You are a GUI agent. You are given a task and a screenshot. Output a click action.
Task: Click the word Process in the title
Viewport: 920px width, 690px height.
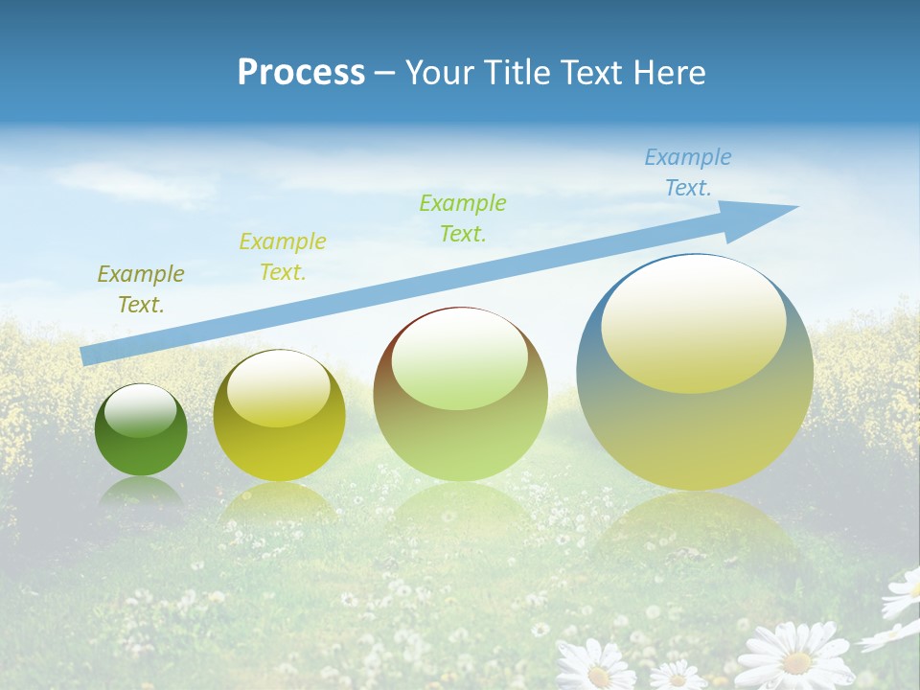(x=301, y=73)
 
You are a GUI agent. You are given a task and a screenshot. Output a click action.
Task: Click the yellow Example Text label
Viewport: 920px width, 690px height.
(x=283, y=257)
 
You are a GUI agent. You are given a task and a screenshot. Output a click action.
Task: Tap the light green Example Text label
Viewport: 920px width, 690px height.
(x=463, y=218)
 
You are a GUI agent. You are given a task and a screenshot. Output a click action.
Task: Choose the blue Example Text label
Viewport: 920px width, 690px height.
(x=688, y=172)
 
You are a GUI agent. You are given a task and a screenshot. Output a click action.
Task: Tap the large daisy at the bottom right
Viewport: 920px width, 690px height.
(x=794, y=656)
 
